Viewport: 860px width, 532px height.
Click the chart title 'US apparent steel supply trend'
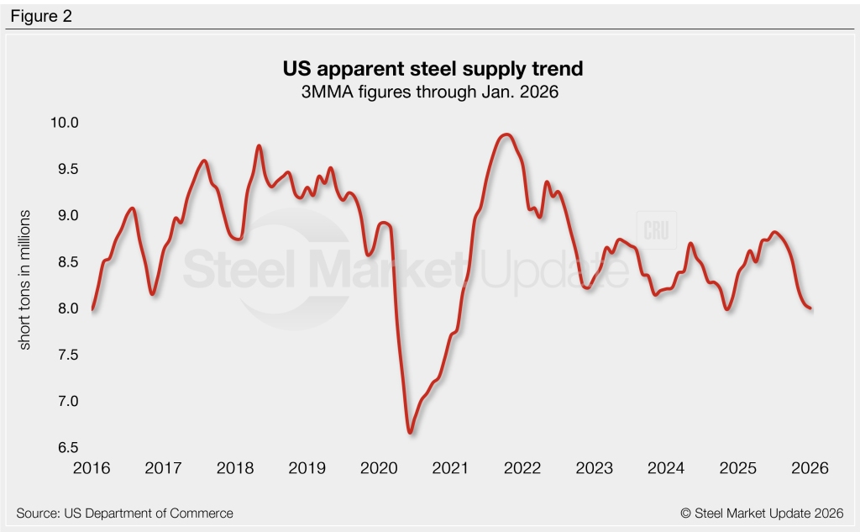click(x=429, y=66)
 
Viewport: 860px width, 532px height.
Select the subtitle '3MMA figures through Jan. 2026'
click(x=429, y=90)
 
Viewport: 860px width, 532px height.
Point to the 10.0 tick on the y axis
click(x=62, y=123)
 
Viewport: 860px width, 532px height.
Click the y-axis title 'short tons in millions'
click(x=25, y=280)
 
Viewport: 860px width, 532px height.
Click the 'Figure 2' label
click(x=42, y=16)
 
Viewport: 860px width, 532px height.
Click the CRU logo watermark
click(x=658, y=229)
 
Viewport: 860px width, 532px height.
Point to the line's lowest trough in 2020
click(x=410, y=432)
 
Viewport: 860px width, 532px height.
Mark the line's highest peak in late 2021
click(x=506, y=134)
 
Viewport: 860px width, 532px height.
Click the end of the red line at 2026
click(x=810, y=308)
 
